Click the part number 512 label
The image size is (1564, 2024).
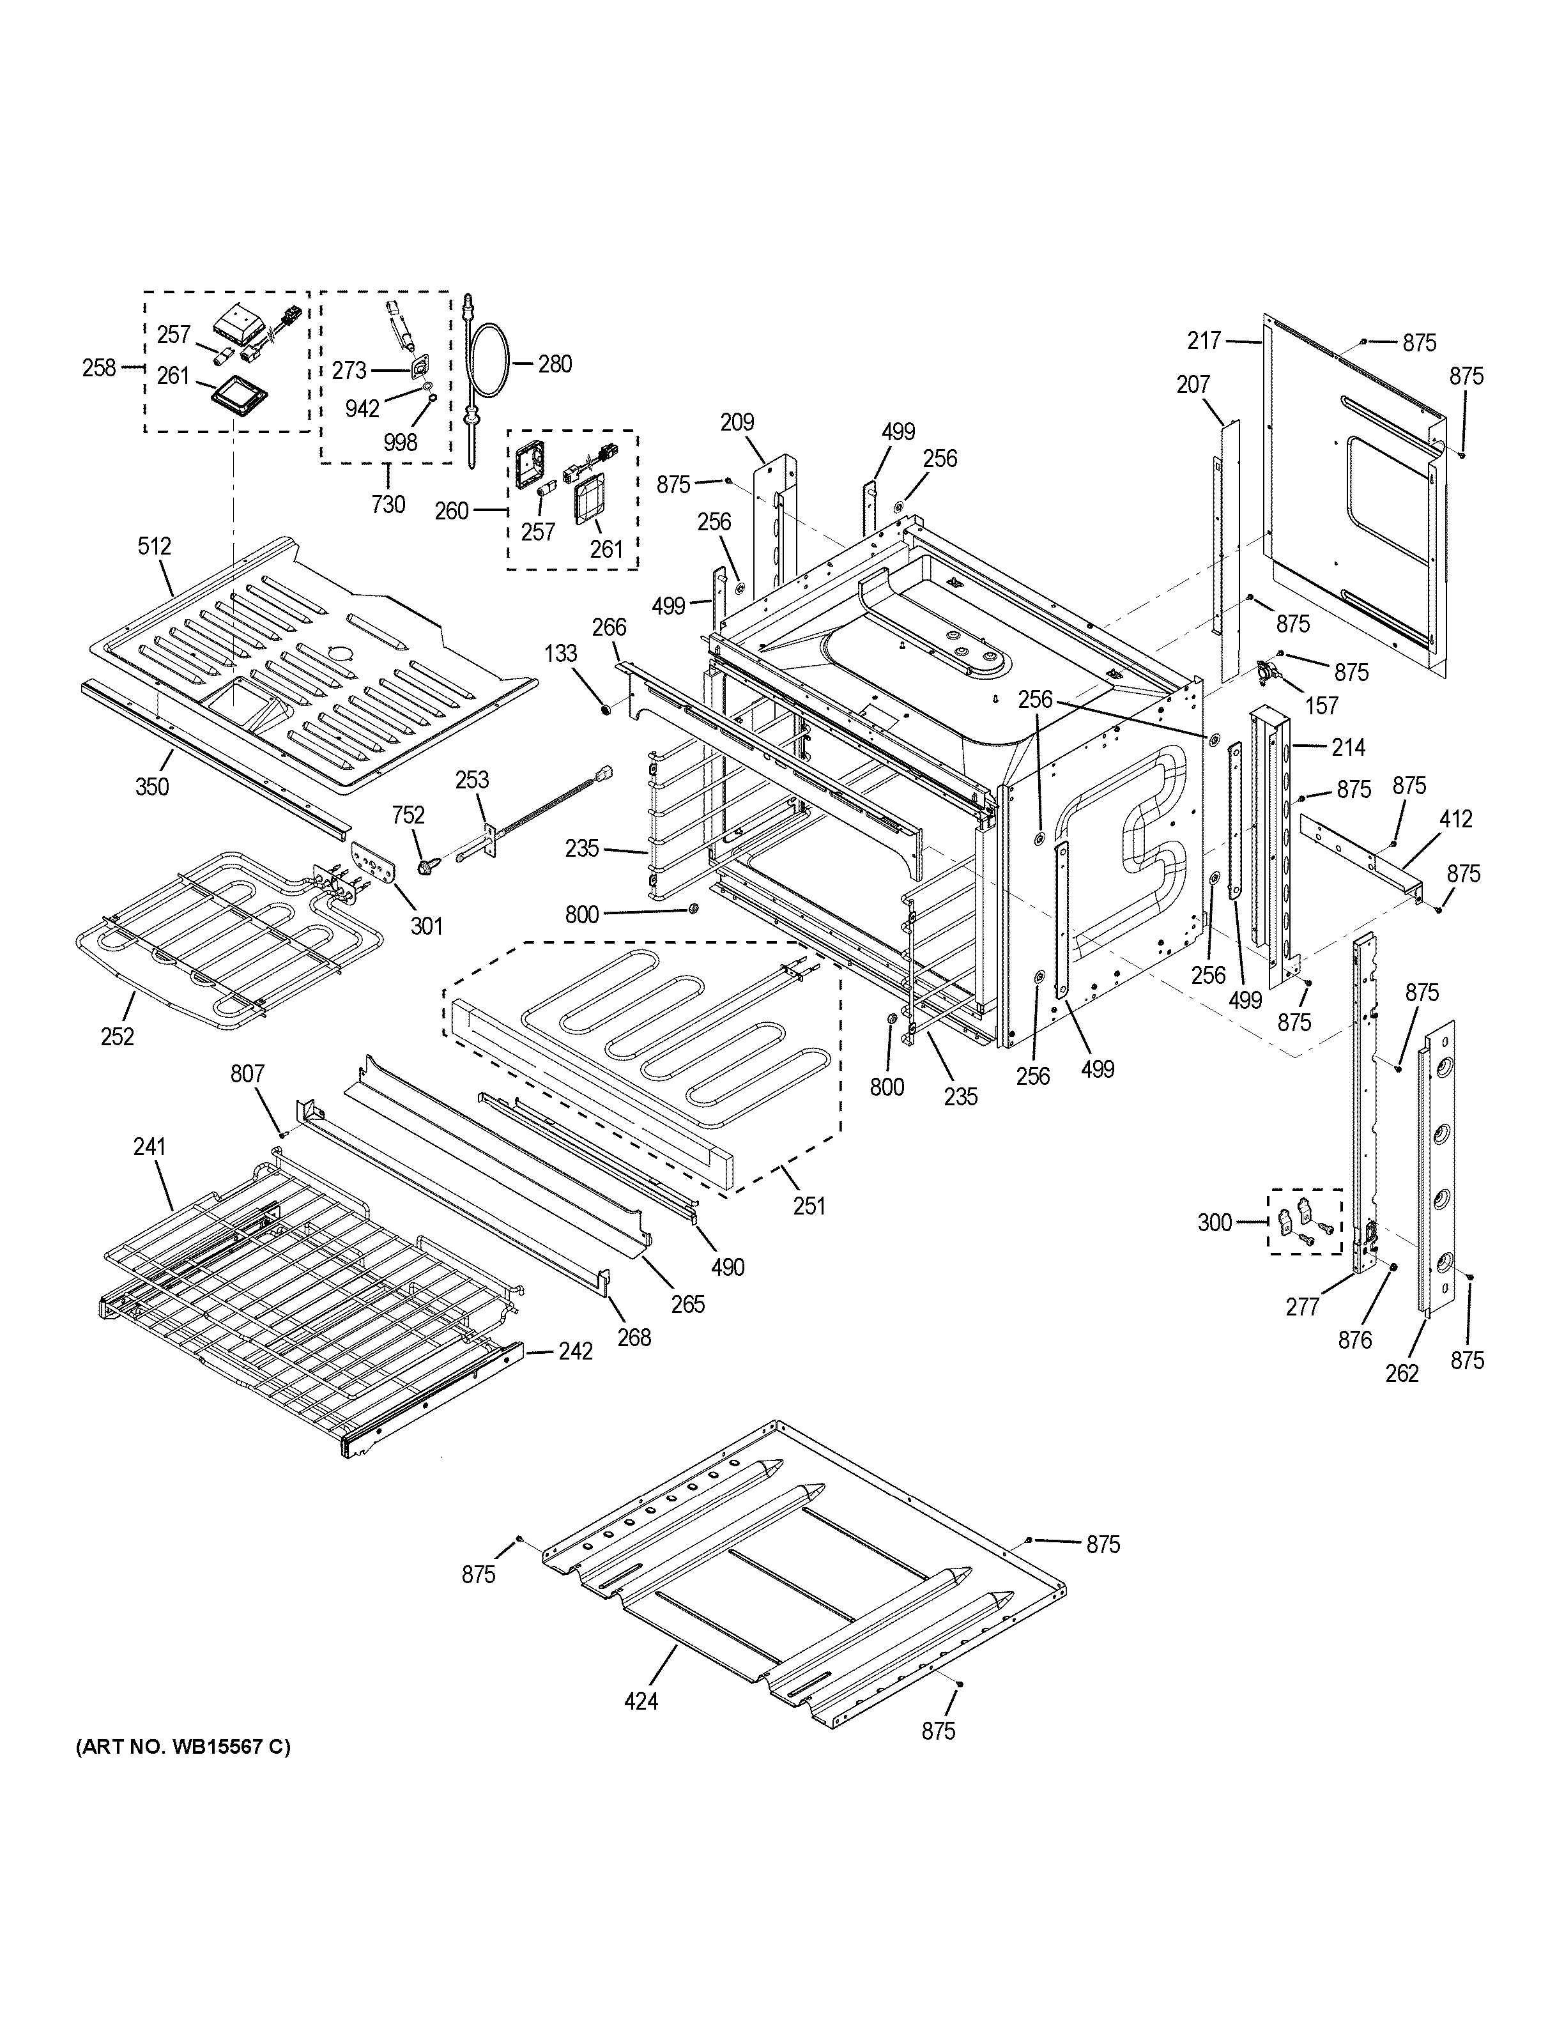[154, 546]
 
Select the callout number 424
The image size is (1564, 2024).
[641, 1701]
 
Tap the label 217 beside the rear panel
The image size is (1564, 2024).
[1204, 341]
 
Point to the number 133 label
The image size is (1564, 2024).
[560, 654]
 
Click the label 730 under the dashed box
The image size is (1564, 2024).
[388, 504]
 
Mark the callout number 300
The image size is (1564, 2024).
[1215, 1222]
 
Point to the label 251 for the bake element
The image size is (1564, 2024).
[809, 1206]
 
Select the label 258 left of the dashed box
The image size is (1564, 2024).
[99, 368]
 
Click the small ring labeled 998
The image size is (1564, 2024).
[433, 399]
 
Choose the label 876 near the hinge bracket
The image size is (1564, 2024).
[1354, 1339]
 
